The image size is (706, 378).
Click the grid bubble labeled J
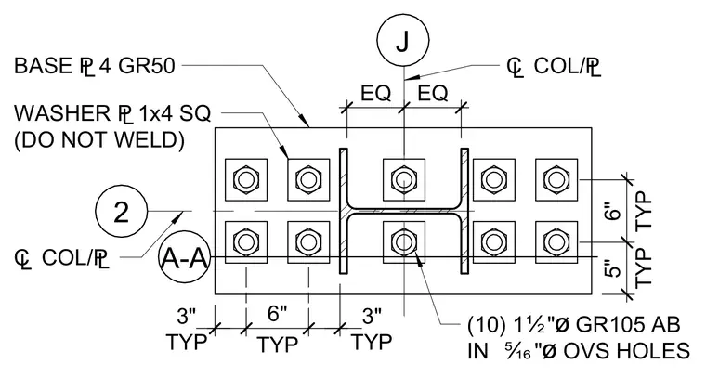403,40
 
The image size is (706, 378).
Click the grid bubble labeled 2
122,212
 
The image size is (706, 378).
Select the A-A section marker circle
184,258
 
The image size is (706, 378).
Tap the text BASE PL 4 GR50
94,66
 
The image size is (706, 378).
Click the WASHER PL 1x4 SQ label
112,113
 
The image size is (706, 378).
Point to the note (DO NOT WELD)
99,140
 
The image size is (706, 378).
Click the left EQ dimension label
375,94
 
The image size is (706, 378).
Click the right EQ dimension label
433,94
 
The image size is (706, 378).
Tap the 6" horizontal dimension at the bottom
278,314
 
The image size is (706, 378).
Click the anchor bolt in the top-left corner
246,180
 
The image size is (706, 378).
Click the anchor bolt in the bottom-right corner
556,242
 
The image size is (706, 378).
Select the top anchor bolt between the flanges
404,180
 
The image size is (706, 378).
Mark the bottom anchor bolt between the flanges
404,242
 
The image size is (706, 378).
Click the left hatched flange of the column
344,211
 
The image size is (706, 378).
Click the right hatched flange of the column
464,211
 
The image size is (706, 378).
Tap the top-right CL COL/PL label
555,67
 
